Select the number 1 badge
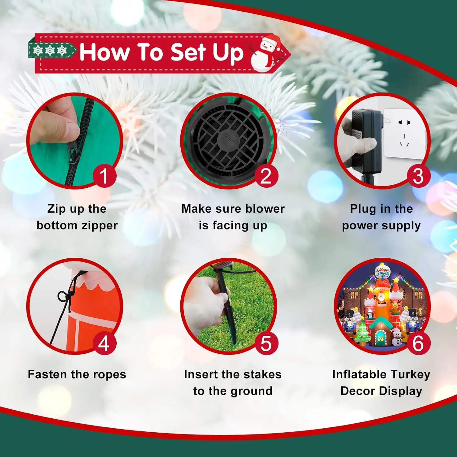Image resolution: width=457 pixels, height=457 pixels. click(x=104, y=176)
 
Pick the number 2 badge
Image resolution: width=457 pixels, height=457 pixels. click(x=266, y=176)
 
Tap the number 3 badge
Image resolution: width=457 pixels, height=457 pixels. click(x=418, y=176)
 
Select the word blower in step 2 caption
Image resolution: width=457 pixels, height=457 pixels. click(x=265, y=209)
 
